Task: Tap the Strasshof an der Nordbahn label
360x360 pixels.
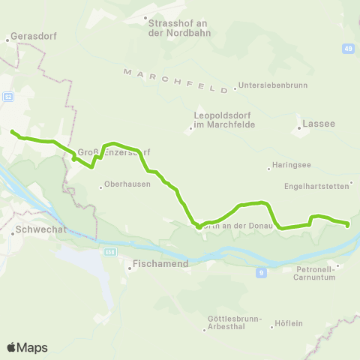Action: coord(173,27)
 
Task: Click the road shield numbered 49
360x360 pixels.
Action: coord(349,49)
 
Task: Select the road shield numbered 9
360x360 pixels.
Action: coord(261,271)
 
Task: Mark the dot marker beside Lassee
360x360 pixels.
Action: coord(298,127)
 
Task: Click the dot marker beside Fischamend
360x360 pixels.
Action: coord(127,264)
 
